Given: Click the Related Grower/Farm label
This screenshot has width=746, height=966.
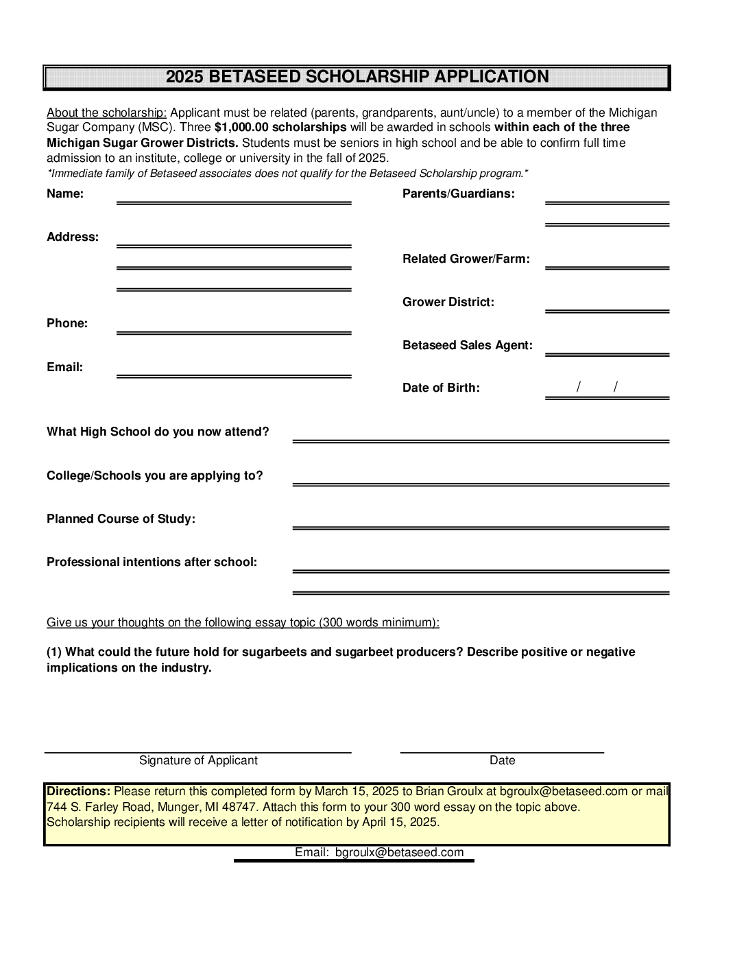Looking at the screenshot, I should coord(466,259).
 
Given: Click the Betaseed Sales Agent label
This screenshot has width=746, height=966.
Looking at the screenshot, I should coord(468,345).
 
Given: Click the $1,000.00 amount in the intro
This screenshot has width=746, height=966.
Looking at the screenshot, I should coord(241,128).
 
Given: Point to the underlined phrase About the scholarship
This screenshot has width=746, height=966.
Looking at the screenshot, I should coord(106,113).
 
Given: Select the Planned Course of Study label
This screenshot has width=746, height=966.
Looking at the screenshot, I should coord(121,519).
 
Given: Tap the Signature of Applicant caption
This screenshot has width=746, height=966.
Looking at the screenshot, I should coord(198,760).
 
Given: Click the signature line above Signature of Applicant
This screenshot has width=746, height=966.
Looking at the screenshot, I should coord(198,753).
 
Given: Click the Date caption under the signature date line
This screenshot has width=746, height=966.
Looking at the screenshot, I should coord(502,760).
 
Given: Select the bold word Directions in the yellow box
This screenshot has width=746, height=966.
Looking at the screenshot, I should coord(78,791).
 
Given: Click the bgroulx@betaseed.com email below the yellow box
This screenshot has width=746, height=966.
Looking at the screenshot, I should coord(399,852).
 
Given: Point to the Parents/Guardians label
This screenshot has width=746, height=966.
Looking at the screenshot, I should coord(459,193).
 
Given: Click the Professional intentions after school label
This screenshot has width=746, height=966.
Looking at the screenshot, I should coord(152,562).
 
